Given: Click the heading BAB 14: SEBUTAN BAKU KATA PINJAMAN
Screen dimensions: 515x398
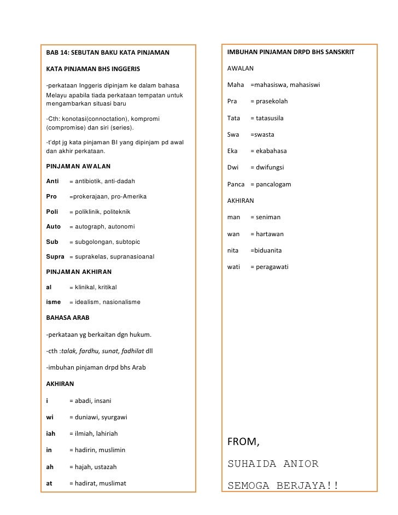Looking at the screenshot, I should (x=108, y=53).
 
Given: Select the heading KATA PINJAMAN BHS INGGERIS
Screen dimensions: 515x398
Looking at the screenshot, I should (x=93, y=69).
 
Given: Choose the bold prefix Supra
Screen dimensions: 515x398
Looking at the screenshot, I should (x=56, y=256).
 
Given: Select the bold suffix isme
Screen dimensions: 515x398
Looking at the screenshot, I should (x=54, y=302).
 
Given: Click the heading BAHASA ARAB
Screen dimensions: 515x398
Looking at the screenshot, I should (x=68, y=317).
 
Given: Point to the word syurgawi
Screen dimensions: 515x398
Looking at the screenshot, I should (x=114, y=417).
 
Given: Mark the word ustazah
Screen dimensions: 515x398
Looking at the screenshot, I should (x=104, y=467).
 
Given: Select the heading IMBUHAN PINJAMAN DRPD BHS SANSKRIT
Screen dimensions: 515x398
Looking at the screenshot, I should (x=291, y=52).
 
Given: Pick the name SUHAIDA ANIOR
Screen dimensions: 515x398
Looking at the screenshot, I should (x=272, y=464).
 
